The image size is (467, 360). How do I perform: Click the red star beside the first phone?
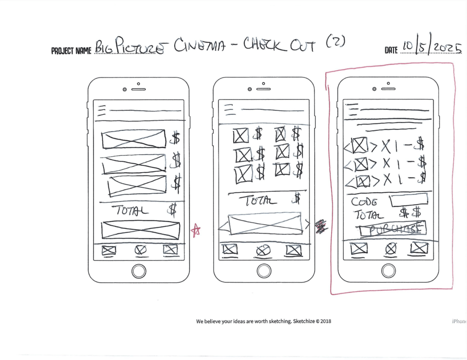click(196, 230)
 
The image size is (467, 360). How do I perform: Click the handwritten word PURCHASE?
click(393, 229)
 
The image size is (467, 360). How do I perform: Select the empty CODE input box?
click(408, 200)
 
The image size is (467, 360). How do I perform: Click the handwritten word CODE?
click(364, 202)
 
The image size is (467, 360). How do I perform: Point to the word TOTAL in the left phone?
click(132, 211)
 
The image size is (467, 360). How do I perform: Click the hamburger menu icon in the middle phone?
click(228, 110)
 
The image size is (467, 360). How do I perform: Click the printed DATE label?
click(391, 50)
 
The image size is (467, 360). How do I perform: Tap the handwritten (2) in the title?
click(336, 42)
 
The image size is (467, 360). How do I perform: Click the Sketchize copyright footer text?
click(264, 321)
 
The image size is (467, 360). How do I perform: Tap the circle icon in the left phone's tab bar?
click(140, 250)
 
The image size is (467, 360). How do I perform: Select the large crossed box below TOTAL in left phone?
click(140, 230)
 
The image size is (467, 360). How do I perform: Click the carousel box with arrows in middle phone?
click(265, 224)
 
